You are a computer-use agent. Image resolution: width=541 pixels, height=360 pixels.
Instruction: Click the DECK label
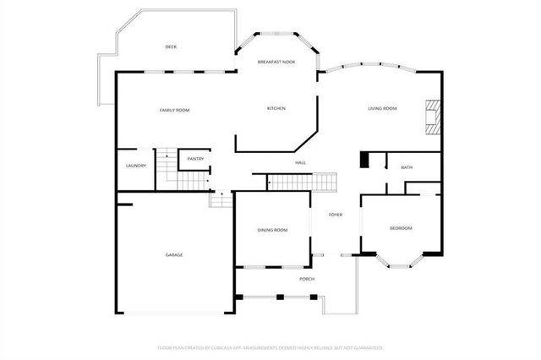[171, 47]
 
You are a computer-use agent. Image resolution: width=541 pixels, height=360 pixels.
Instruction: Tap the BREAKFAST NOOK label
[276, 62]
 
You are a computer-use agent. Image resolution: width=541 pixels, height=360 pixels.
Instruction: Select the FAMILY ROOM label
[175, 110]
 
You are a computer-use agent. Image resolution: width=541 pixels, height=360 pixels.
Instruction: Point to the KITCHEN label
[276, 108]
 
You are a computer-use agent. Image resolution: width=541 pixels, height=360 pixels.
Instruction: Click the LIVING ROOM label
[382, 108]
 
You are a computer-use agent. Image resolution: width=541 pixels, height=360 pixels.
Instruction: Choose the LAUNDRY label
[135, 166]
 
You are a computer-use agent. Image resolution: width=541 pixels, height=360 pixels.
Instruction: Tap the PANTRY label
[195, 159]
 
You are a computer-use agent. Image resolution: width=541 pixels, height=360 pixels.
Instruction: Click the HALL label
[300, 162]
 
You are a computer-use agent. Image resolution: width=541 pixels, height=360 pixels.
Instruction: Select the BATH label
[407, 167]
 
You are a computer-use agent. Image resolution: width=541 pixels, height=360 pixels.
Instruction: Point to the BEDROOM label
[401, 228]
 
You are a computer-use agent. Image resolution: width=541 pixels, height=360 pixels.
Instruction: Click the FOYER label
[336, 215]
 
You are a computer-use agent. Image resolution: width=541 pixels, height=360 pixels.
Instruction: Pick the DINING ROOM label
[272, 230]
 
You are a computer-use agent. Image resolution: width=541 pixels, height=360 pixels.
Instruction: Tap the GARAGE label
[174, 254]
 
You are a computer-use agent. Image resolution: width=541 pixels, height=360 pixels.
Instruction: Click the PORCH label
[307, 279]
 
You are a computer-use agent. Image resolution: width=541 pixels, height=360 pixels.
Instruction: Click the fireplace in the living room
[432, 117]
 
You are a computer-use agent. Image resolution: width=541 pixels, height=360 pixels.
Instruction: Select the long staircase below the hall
[302, 182]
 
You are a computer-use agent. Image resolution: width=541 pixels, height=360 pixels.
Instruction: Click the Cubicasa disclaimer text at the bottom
[270, 347]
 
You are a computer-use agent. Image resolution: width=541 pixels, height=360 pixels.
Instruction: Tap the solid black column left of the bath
[365, 160]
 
